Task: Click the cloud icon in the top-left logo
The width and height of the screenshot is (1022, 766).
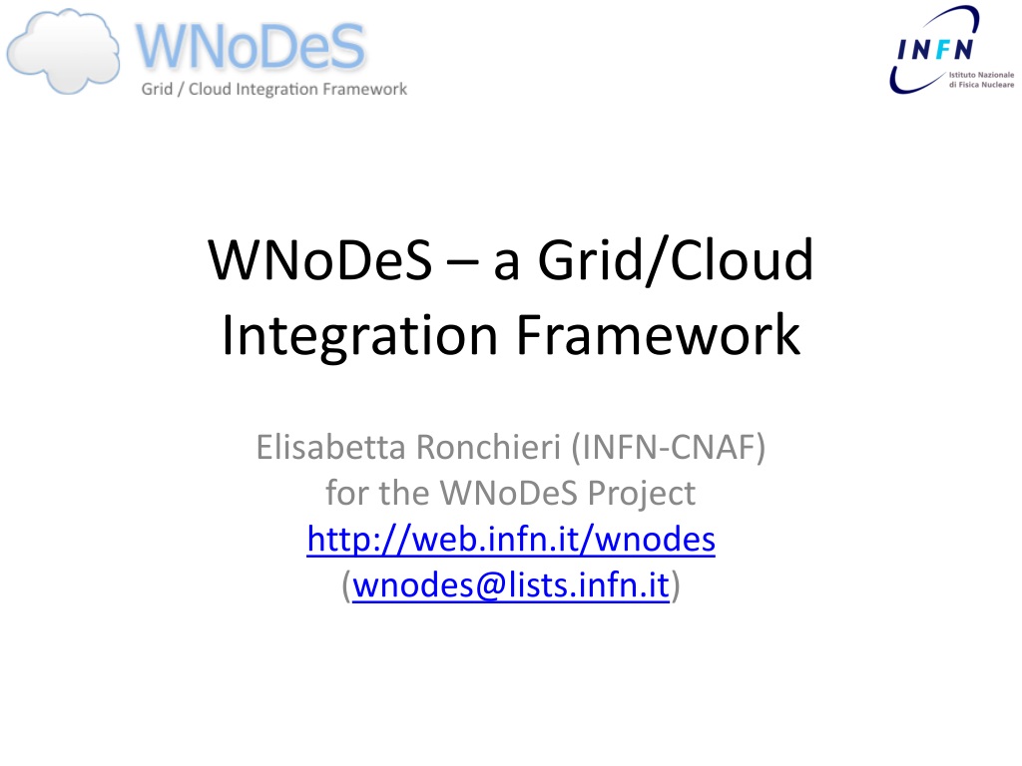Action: click(x=63, y=52)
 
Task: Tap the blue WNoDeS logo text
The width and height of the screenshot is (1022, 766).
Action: click(x=251, y=46)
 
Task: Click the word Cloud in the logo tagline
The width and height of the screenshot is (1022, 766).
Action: click(x=210, y=89)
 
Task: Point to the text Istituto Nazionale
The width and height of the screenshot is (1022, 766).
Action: click(x=981, y=75)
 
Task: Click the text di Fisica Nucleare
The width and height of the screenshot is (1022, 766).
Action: click(x=981, y=85)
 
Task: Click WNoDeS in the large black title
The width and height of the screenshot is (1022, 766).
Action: click(x=320, y=260)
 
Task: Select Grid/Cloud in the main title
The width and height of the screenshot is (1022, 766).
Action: click(x=676, y=260)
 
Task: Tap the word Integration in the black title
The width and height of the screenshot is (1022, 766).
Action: click(x=359, y=335)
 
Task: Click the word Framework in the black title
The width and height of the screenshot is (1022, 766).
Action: click(x=659, y=335)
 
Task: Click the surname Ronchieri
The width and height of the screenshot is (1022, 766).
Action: click(x=488, y=448)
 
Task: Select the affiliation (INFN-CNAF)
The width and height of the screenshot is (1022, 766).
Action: click(x=668, y=448)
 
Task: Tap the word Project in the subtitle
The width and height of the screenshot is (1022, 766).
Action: click(x=642, y=494)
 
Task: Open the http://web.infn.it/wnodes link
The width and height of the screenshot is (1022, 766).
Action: click(x=511, y=540)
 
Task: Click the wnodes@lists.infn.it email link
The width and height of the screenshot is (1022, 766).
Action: click(x=511, y=584)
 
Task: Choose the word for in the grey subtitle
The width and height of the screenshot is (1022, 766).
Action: click(x=346, y=493)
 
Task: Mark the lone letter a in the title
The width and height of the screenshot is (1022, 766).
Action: click(x=506, y=264)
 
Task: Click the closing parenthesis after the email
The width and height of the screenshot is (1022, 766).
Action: click(x=676, y=585)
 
